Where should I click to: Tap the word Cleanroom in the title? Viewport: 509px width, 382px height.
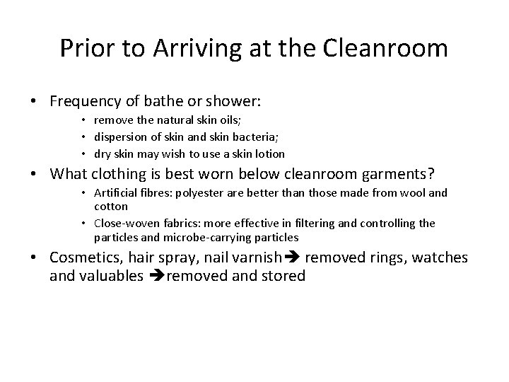click(386, 49)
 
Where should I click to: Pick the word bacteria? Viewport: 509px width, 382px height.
click(223, 137)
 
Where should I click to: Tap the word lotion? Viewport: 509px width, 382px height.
click(269, 154)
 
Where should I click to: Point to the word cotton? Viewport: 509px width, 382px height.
click(111, 207)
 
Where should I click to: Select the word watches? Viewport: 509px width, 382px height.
click(441, 258)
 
